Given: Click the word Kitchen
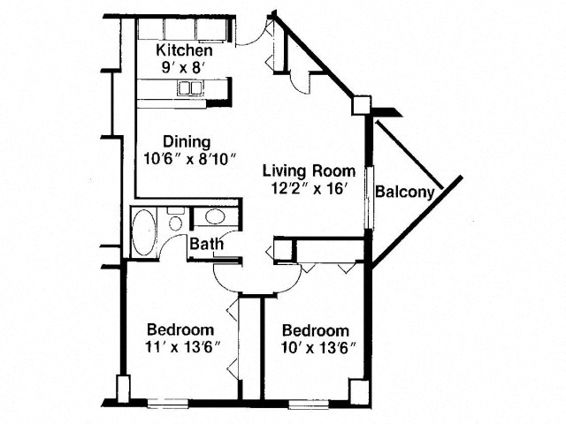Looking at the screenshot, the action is (184, 50).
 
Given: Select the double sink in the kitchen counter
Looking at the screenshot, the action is (189, 88).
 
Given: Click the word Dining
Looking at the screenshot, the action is (187, 142).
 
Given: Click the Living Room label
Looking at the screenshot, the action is (309, 170).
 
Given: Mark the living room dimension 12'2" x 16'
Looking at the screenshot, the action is (309, 188).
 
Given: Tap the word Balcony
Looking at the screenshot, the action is (405, 192).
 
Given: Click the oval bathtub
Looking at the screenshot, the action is (144, 231).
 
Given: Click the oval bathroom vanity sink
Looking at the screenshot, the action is (215, 216).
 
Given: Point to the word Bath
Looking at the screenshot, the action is (206, 244).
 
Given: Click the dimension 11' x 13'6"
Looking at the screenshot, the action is (183, 347).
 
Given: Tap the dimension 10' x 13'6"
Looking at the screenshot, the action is (319, 348).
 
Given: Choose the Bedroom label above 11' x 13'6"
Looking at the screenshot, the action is (180, 329).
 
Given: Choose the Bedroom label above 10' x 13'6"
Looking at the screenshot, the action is (316, 330).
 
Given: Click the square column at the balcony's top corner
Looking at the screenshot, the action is (362, 106).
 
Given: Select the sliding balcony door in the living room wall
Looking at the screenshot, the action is (370, 198).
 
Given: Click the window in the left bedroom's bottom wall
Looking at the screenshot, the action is (168, 403).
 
